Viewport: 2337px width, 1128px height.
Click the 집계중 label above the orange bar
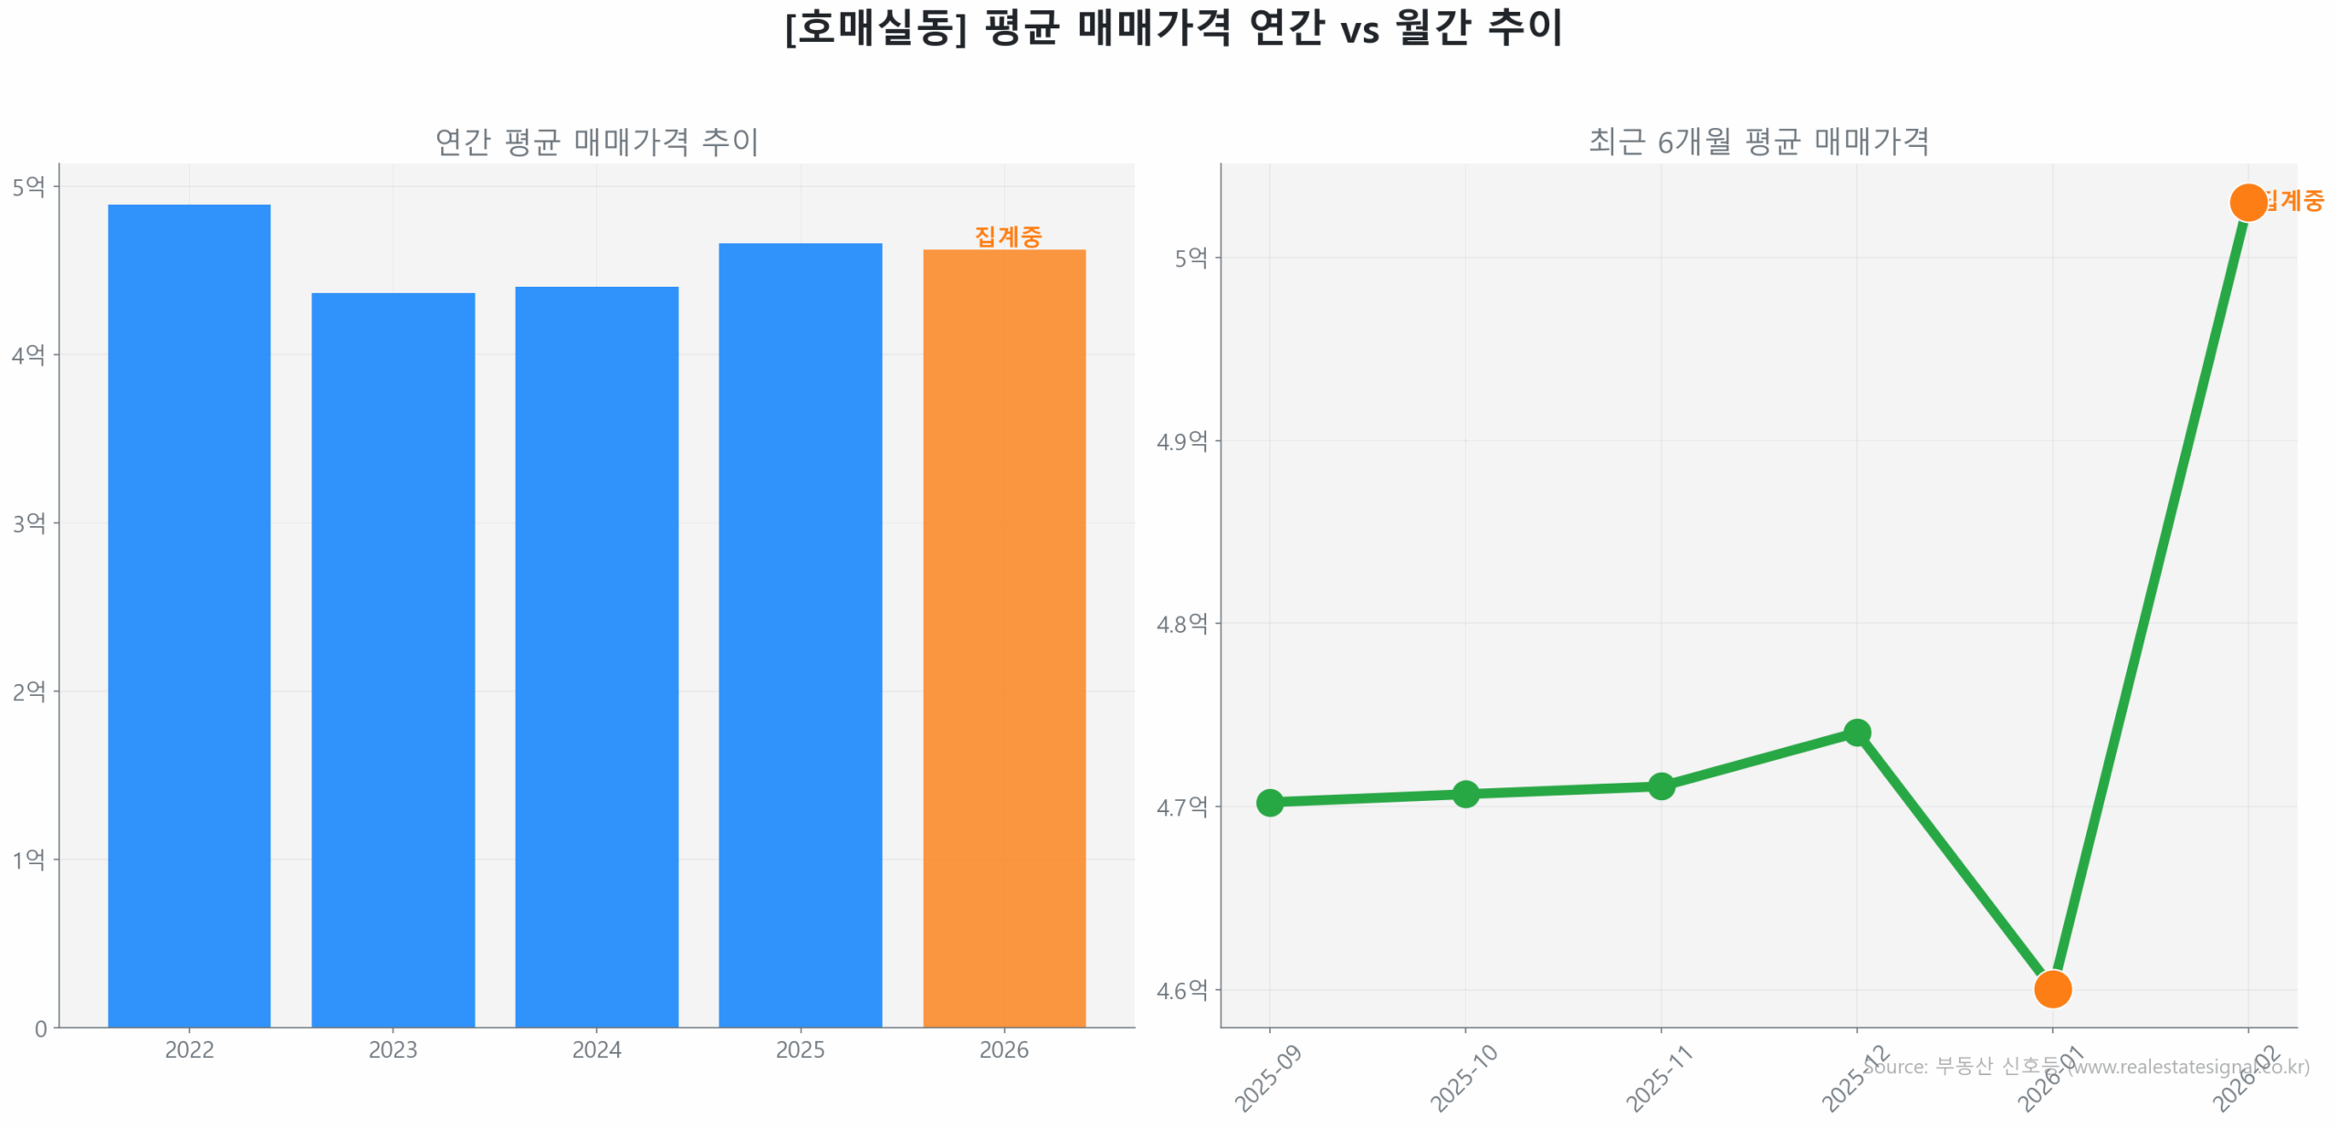[x=1007, y=236]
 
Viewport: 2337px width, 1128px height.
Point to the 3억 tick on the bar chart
[x=29, y=522]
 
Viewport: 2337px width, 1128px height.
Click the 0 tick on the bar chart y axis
[x=41, y=1028]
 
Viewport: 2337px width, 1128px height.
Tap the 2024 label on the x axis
[x=596, y=1049]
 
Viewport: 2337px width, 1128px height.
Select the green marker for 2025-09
[x=1269, y=802]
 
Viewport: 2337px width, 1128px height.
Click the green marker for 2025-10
[x=1464, y=794]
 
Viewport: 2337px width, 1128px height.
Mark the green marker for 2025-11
[x=1661, y=785]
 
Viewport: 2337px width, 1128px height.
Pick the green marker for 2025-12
[x=1856, y=733]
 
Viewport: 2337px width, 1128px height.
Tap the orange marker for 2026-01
[x=2051, y=988]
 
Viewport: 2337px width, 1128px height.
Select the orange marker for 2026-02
[x=2247, y=202]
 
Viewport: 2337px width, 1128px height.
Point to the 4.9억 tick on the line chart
[x=1181, y=441]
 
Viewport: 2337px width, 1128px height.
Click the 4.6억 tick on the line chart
[x=1181, y=989]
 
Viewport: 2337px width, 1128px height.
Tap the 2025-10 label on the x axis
[x=1462, y=1078]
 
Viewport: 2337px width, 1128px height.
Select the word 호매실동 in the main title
[x=875, y=27]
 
